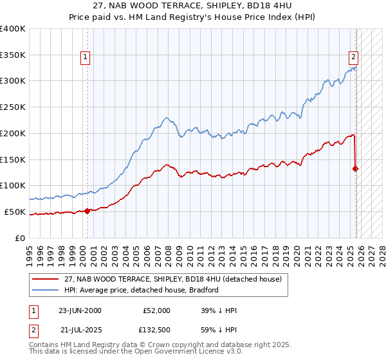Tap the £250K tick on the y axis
click(x=13, y=107)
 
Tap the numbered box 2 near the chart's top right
click(x=353, y=56)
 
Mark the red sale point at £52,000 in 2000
click(x=87, y=210)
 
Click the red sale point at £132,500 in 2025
click(x=355, y=168)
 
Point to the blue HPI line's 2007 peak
click(x=166, y=118)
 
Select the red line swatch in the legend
click(x=46, y=280)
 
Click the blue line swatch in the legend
click(x=46, y=290)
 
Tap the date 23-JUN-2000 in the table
click(x=80, y=310)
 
